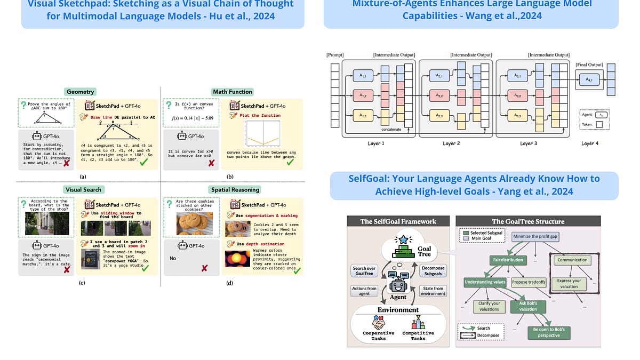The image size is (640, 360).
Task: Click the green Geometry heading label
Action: pyautogui.click(x=80, y=92)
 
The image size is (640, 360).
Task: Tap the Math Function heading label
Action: pyautogui.click(x=232, y=92)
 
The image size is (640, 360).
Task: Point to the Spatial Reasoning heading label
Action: pyautogui.click(x=235, y=189)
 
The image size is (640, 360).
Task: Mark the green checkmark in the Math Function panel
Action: pyautogui.click(x=290, y=161)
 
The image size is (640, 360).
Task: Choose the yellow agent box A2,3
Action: pyautogui.click(x=439, y=115)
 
